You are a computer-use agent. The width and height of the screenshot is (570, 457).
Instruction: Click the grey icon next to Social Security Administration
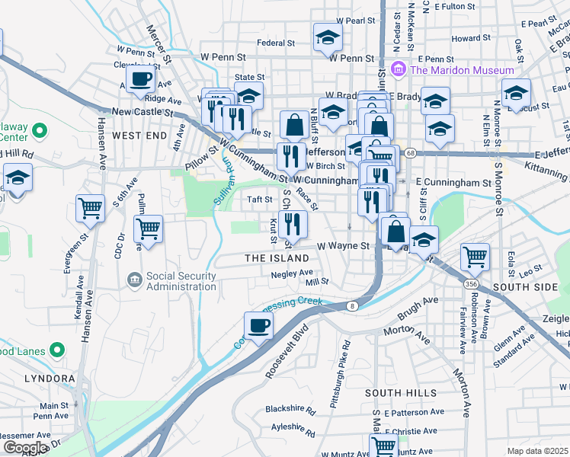coord(134,280)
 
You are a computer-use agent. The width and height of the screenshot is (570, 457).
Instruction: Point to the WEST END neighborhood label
coord(139,135)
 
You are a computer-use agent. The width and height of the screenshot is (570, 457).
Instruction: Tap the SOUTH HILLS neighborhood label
coord(394,392)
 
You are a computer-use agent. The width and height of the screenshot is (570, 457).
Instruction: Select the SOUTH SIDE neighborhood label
coord(526,286)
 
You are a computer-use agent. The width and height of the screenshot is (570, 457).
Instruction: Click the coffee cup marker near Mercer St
coord(141,78)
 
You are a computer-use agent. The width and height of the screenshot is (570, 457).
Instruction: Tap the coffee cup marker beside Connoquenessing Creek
coord(259,326)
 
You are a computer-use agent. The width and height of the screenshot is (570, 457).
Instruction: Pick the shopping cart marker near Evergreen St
coord(91,207)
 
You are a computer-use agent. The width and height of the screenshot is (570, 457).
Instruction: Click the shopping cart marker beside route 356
coord(476,257)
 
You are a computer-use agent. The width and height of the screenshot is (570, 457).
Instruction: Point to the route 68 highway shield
coord(410,153)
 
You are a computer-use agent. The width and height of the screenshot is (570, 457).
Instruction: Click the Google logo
coord(25,448)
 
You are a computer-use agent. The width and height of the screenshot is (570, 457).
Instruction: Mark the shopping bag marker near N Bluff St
coord(294,125)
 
